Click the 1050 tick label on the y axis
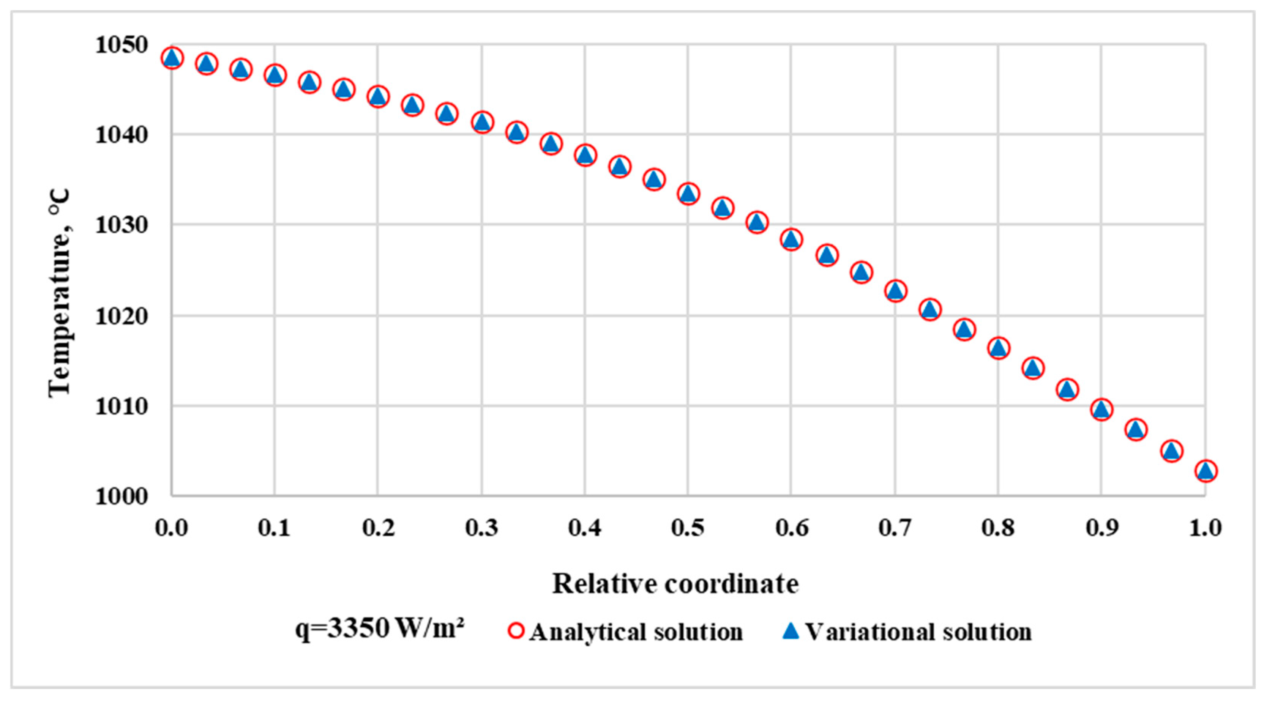[121, 45]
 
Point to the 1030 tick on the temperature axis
[121, 225]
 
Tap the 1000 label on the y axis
[121, 496]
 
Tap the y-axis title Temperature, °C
[60, 293]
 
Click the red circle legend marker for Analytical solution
[516, 631]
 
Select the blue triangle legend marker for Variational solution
[791, 631]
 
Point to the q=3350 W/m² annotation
[380, 629]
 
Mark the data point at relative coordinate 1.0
[1206, 471]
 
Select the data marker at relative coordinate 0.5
[688, 194]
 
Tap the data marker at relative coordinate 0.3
[482, 122]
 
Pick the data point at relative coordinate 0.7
[895, 291]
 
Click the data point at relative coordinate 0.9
[1101, 409]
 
